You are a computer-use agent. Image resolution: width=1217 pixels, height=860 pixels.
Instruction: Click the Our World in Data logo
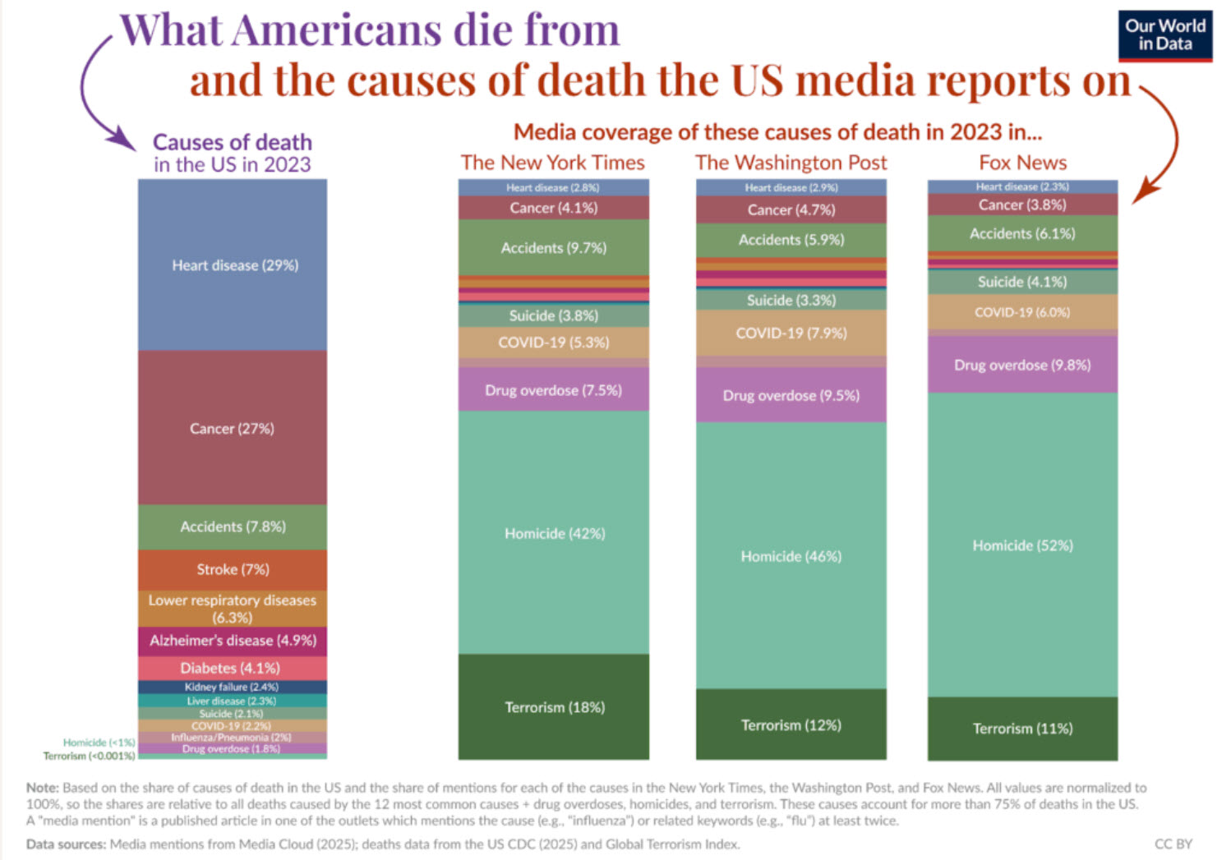coord(1164,35)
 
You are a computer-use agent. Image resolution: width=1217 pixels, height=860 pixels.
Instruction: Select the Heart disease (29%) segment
coord(233,265)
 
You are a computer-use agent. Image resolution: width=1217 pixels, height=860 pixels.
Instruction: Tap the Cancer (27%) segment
coord(233,428)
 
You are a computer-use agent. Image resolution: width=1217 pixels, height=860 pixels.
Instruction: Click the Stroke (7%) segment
coord(233,569)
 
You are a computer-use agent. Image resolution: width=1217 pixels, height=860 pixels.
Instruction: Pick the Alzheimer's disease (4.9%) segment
coord(233,641)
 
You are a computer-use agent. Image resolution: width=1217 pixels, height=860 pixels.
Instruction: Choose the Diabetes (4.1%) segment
coord(233,668)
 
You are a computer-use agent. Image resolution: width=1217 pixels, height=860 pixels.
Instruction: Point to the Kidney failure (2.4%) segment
coord(233,687)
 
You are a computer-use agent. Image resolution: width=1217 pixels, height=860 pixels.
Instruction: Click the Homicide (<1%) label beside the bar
coord(99,743)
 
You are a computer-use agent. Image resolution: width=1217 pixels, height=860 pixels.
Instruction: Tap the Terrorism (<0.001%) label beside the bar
coord(89,756)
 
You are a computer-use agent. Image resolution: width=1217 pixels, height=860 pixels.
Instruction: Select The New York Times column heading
coord(552,163)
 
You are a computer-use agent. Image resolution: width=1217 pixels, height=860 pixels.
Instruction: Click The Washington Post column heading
coord(791,163)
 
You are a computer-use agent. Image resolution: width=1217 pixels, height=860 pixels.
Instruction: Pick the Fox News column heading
coord(1022,163)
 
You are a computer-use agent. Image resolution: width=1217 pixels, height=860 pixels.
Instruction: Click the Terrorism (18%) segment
coord(554,707)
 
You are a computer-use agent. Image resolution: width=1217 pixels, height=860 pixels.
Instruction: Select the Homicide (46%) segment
coord(791,556)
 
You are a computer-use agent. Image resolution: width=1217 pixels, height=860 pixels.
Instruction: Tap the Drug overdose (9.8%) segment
coord(1022,365)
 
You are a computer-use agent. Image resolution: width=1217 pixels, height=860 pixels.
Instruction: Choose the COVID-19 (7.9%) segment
coord(791,333)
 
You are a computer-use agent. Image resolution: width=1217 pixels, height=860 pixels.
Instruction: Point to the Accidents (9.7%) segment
coord(554,247)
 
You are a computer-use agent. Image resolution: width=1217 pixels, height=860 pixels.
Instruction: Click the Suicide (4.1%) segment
coord(1022,282)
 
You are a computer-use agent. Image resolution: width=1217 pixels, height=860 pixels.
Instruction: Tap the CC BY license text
coord(1173,844)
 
